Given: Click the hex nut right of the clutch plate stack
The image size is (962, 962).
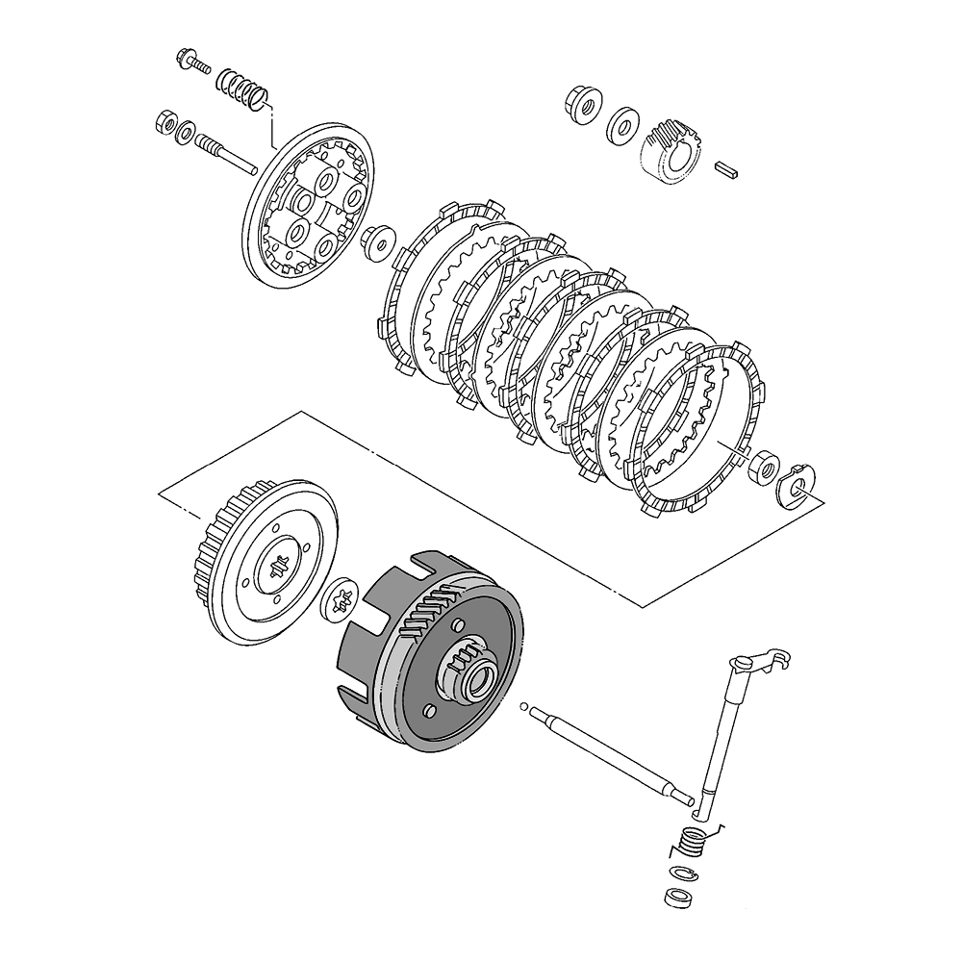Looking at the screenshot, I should click(x=765, y=464).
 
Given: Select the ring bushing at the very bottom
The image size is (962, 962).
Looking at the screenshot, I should click(x=679, y=898).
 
